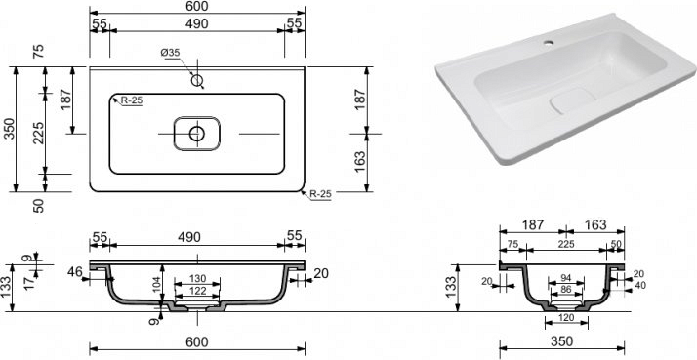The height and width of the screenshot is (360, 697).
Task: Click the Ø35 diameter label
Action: tap(170, 53)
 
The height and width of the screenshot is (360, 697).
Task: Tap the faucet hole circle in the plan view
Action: tap(197, 80)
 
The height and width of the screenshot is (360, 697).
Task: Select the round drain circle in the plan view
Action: tap(197, 134)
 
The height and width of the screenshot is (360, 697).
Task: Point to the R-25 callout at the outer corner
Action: tap(321, 194)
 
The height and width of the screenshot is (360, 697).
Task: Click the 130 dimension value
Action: tap(197, 279)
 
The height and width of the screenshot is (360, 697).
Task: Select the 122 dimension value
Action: tap(197, 291)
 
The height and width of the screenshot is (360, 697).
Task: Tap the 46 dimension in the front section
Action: tap(75, 271)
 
